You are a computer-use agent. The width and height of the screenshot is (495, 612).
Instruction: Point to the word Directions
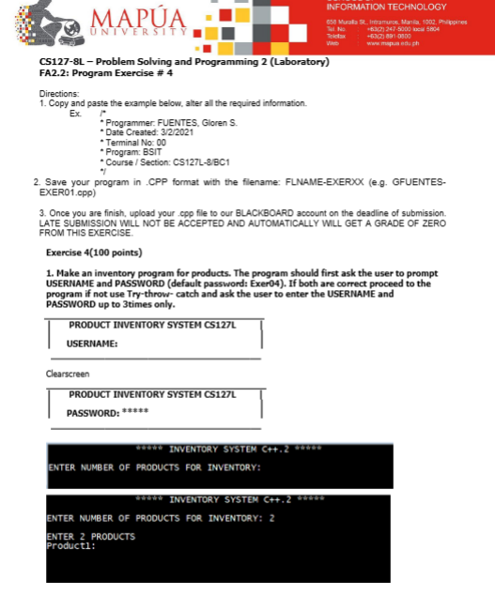pos(58,93)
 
